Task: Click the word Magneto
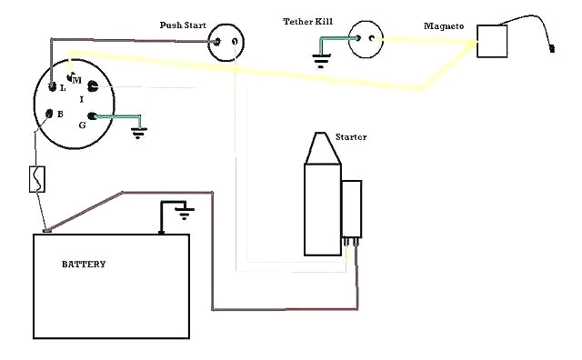pos(444,27)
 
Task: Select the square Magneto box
pos(493,42)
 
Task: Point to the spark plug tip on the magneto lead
pos(554,53)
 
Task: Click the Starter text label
pos(351,137)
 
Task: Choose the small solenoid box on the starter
pos(351,207)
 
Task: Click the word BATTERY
pos(84,265)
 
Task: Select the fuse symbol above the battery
pos(37,179)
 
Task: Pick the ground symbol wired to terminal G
pos(138,129)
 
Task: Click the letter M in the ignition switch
pos(77,81)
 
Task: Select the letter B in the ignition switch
pos(60,115)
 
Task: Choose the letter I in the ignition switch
pos(81,98)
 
